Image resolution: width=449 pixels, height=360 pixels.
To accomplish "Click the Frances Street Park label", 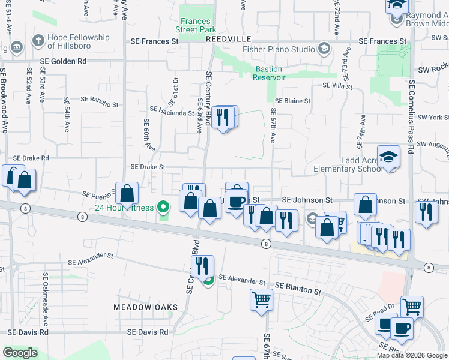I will click(196, 23).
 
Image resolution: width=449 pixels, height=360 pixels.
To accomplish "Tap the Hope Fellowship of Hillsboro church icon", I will click(37, 41).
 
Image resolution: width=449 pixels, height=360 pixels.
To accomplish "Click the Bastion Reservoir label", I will click(268, 73).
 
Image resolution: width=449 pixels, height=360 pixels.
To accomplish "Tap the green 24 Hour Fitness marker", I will click(163, 208).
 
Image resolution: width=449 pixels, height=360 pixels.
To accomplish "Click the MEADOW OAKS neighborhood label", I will click(146, 307).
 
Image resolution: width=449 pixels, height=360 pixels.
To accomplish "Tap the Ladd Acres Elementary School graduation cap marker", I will click(388, 157).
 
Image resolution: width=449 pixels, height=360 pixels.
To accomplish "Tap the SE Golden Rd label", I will click(63, 61).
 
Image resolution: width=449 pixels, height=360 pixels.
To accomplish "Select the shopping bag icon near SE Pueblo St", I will click(127, 193).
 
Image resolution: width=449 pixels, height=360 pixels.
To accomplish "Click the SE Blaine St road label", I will click(292, 101).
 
